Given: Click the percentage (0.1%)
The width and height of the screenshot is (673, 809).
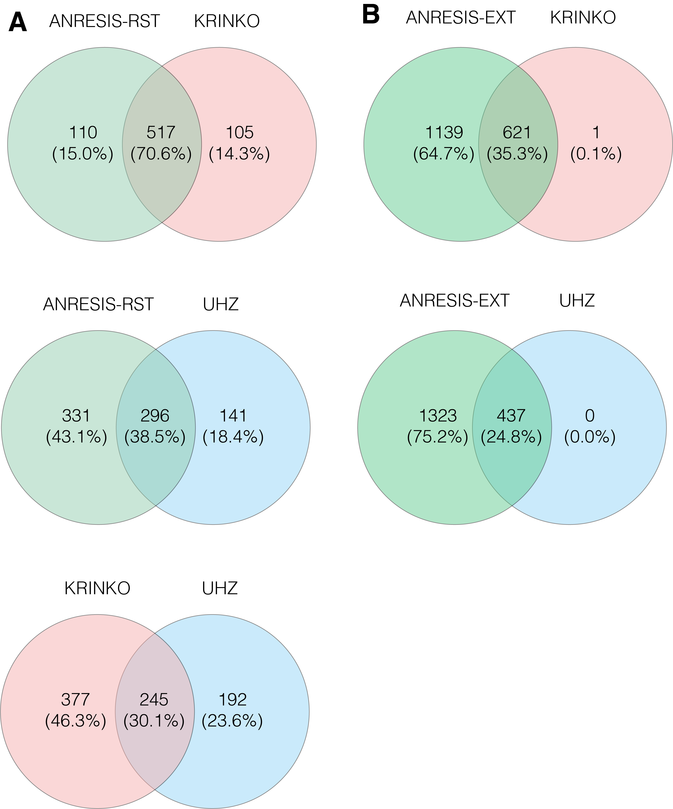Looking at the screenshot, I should point(596,154).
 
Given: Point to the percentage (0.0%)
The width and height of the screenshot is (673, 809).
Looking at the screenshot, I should point(590,437).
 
